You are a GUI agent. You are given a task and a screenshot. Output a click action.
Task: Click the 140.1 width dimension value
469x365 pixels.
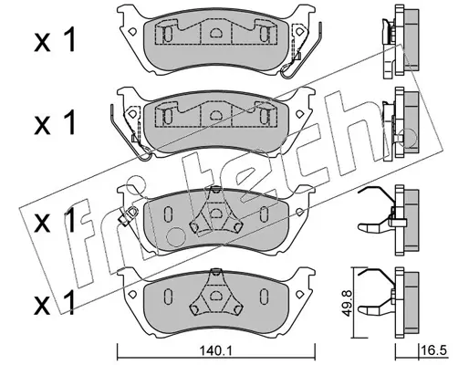(216, 352)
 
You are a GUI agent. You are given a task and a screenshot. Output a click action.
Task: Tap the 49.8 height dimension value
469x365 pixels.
(346, 304)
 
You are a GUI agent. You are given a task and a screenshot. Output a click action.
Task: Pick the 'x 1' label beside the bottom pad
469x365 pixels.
(55, 303)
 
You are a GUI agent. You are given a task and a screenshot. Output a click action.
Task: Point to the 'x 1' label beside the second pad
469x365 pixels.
(55, 122)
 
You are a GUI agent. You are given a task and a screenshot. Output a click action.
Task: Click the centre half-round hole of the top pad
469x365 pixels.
(216, 32)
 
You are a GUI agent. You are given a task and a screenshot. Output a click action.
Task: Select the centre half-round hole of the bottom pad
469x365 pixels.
(216, 296)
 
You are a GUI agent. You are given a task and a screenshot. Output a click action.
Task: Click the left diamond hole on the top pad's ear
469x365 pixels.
(132, 31)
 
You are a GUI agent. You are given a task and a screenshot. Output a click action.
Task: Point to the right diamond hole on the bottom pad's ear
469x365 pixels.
(299, 294)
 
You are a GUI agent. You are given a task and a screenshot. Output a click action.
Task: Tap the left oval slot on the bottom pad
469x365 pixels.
(168, 296)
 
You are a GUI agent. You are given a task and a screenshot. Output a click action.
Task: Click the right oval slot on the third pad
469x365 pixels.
(264, 213)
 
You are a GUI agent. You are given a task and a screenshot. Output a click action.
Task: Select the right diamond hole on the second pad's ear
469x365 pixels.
(299, 114)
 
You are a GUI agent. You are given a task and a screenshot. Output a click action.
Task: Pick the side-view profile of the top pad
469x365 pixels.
(401, 42)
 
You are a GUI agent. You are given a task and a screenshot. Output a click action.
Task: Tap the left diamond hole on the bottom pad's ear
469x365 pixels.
(132, 294)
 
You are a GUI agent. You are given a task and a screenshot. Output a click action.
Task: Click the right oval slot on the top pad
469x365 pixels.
(264, 33)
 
